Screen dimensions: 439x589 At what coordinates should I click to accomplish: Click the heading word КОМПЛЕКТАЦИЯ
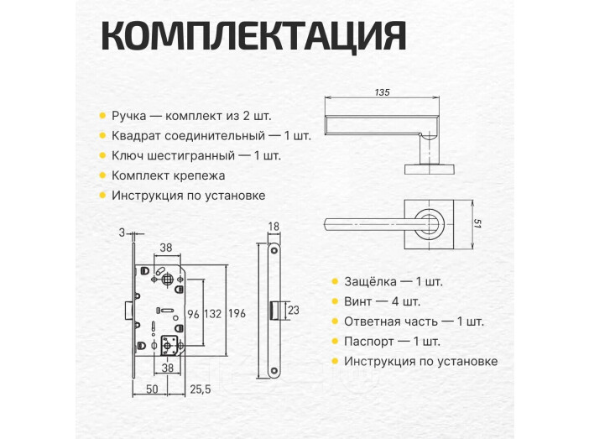click(x=253, y=37)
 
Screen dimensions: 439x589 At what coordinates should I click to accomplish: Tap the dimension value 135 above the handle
click(x=383, y=91)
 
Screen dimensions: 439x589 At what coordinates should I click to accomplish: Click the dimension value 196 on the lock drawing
click(x=237, y=314)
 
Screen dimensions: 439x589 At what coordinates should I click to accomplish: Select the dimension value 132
click(x=213, y=314)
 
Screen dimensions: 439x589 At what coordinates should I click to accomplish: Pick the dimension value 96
click(x=192, y=314)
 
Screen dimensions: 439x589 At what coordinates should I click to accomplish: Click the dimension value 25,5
click(x=200, y=389)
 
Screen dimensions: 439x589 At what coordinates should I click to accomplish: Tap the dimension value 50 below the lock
click(x=153, y=389)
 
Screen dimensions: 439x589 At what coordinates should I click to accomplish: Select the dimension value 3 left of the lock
click(x=122, y=233)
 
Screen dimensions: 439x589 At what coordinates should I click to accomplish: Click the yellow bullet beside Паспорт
click(x=333, y=342)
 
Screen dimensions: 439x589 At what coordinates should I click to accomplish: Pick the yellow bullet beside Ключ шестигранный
click(x=101, y=156)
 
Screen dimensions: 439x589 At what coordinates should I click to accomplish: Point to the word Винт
click(x=359, y=301)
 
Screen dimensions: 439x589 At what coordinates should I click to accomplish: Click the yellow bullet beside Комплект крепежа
click(x=101, y=176)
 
